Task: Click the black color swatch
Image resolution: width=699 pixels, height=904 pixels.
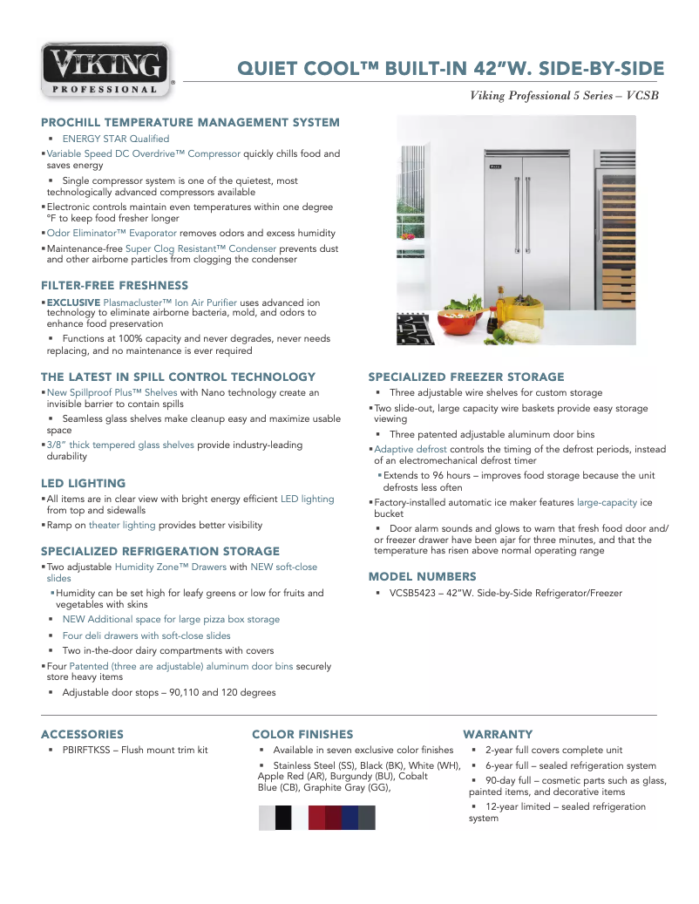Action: (283, 818)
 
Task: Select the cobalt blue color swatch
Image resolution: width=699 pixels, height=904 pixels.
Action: (349, 818)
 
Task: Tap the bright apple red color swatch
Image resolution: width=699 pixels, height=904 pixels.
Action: (316, 818)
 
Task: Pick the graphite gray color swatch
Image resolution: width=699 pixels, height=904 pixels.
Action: (367, 818)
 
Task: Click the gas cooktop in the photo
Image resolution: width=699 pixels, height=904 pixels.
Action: (415, 330)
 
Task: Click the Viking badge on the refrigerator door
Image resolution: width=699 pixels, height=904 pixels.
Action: (495, 163)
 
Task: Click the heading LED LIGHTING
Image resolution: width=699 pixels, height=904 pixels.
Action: (83, 483)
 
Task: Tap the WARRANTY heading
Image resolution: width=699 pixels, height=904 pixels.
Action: (498, 734)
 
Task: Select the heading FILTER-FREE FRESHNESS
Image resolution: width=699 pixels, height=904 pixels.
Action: (114, 285)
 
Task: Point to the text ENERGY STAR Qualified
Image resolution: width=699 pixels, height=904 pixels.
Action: (115, 139)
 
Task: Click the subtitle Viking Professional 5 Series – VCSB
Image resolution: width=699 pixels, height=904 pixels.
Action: (564, 95)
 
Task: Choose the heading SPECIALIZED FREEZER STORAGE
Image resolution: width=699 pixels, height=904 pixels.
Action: (465, 377)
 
